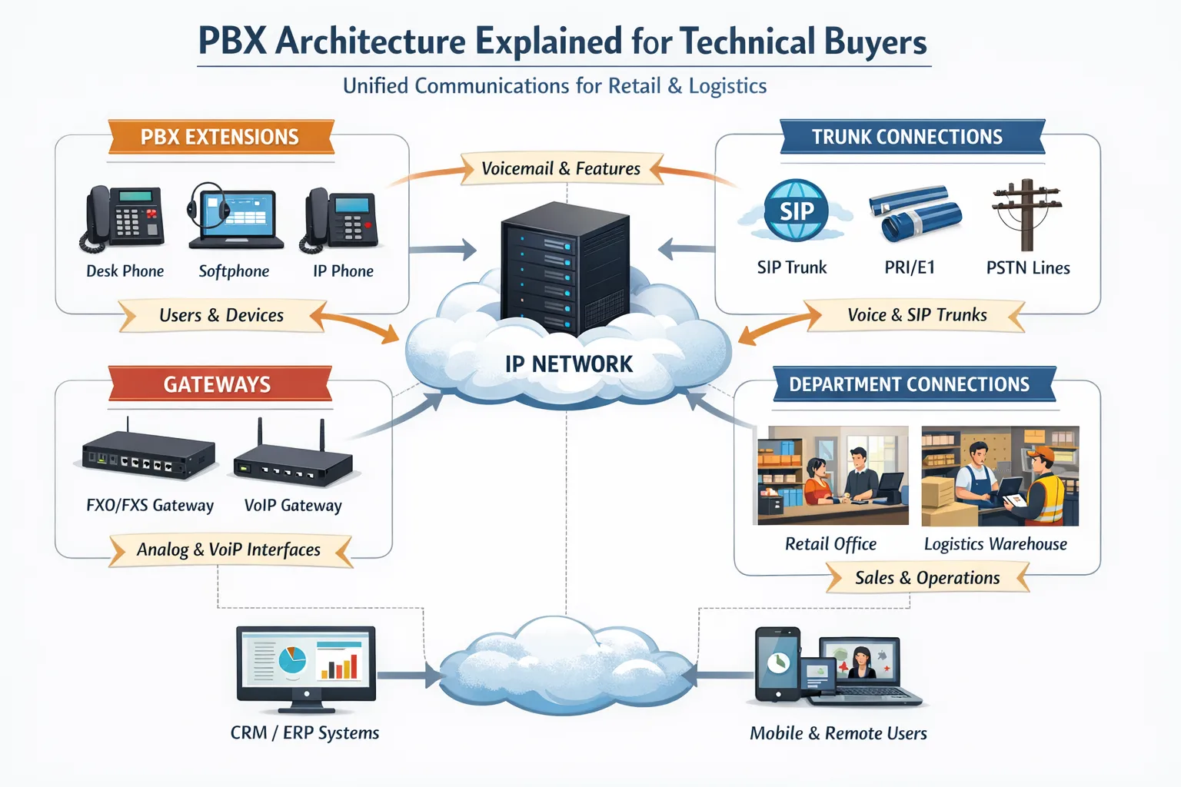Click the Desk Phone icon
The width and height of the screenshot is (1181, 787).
123,218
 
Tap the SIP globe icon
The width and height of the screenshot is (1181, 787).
796,211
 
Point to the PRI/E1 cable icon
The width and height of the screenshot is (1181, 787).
914,212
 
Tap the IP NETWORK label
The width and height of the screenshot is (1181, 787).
569,364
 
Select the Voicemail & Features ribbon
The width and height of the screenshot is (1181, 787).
561,168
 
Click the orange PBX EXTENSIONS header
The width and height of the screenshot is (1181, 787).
220,138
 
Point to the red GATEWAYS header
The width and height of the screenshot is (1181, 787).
218,384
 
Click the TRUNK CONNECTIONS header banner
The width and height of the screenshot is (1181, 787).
907,138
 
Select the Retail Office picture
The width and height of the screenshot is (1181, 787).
833,476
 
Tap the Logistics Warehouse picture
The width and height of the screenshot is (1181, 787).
1000,476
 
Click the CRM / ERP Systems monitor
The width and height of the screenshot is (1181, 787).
306,666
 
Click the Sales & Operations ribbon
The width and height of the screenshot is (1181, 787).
927,578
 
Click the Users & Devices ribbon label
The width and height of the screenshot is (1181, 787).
221,315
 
